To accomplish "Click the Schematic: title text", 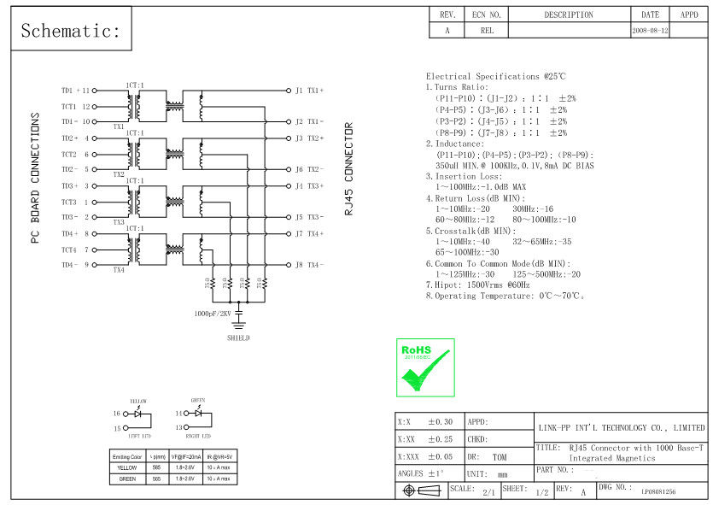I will point(71,32).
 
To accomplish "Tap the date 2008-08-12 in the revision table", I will point(651,30).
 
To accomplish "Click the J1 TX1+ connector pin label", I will point(309,90).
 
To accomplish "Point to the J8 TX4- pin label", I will point(309,265).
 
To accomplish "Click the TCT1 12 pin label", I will point(76,107).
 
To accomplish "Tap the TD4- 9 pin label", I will point(76,265).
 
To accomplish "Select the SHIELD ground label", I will point(239,338).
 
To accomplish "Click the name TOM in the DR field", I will point(499,458).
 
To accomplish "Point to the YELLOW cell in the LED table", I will point(127,467).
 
